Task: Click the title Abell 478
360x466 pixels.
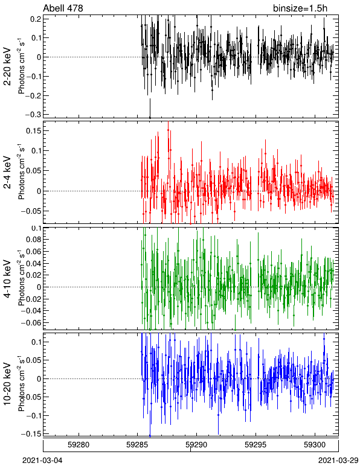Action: [x=63, y=8]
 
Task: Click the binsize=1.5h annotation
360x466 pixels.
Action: [x=300, y=8]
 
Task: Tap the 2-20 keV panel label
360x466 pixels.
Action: [x=7, y=66]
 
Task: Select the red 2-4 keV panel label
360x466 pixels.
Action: [x=7, y=173]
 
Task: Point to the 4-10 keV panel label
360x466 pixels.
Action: [x=7, y=279]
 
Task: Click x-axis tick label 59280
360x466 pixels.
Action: [x=79, y=445]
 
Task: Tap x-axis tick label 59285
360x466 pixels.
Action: [x=137, y=445]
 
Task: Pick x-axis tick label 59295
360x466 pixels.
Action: [x=255, y=445]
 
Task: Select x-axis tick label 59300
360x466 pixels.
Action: [x=315, y=445]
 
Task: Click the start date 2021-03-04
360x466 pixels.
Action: [x=42, y=461]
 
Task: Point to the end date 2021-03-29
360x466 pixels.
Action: [x=338, y=461]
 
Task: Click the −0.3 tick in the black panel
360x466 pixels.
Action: [x=33, y=115]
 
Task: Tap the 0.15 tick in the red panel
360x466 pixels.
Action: [x=33, y=131]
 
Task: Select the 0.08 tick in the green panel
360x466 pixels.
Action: [x=33, y=240]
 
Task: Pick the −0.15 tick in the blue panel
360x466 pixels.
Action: [x=31, y=434]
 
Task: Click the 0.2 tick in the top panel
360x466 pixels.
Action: [x=36, y=19]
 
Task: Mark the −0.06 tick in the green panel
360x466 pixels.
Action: [x=31, y=322]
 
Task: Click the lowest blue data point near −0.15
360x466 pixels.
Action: [x=150, y=436]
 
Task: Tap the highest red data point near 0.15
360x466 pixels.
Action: [x=169, y=130]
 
